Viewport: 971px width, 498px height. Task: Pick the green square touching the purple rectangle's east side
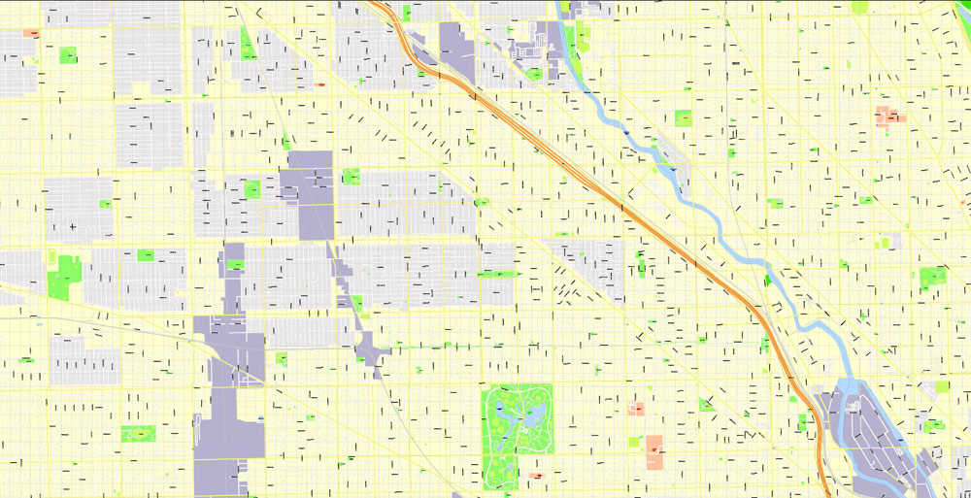[x=351, y=177]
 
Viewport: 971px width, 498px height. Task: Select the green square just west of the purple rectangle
[x=252, y=189]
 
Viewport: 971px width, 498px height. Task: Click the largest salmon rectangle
[x=654, y=452]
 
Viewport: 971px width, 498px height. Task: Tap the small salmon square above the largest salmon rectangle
[x=637, y=409]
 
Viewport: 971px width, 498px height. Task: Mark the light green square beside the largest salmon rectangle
[x=634, y=442]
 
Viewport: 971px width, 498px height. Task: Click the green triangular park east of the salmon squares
[x=706, y=404]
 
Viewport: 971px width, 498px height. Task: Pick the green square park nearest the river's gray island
[x=684, y=118]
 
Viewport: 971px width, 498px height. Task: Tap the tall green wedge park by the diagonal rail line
[x=247, y=45]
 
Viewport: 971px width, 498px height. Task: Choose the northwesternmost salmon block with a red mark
[x=31, y=33]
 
